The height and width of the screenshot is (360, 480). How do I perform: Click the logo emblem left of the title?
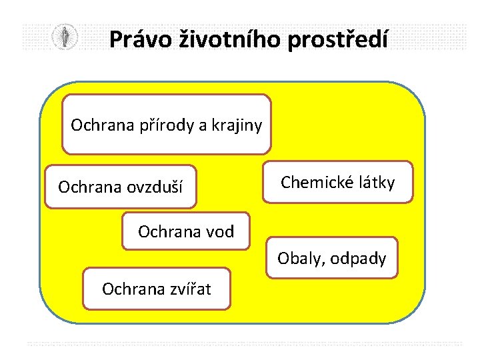pyautogui.click(x=65, y=37)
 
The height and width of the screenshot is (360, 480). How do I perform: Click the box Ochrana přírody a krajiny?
pyautogui.click(x=167, y=124)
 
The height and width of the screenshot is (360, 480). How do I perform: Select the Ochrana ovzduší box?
pyautogui.click(x=121, y=187)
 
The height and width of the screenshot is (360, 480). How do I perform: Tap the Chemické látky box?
pyautogui.click(x=337, y=181)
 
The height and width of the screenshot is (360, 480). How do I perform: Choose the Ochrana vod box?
pyautogui.click(x=186, y=231)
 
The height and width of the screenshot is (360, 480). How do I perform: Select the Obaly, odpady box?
pyautogui.click(x=332, y=258)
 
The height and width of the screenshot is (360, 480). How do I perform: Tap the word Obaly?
pyautogui.click(x=297, y=258)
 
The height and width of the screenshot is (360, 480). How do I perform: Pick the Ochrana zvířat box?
pyautogui.click(x=157, y=289)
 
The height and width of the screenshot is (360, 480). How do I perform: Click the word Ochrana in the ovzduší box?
pyautogui.click(x=87, y=187)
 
